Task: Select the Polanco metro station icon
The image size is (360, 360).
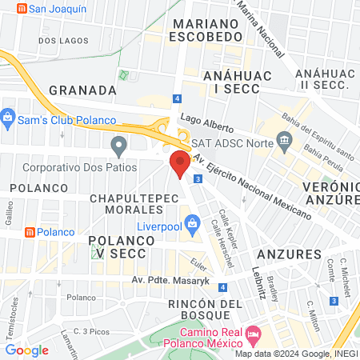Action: pyautogui.click(x=30, y=232)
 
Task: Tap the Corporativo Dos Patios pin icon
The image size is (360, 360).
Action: pyautogui.click(x=119, y=146)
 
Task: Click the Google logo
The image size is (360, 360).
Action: pyautogui.click(x=27, y=350)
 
